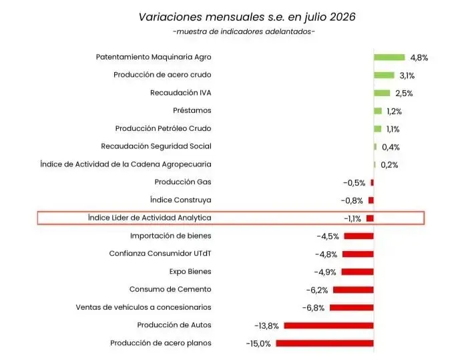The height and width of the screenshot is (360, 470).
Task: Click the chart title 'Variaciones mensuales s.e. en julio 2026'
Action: click(x=247, y=17)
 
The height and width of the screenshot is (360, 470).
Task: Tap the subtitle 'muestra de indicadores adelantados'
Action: click(x=244, y=31)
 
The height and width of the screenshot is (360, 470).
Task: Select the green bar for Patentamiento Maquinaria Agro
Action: click(x=389, y=57)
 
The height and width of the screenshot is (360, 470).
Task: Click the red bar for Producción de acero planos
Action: click(x=324, y=343)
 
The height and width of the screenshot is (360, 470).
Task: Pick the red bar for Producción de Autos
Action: click(x=329, y=325)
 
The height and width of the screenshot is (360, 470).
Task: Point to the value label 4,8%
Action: click(x=419, y=57)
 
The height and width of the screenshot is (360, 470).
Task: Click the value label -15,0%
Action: click(x=258, y=343)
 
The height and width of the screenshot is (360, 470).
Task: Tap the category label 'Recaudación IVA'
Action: click(x=181, y=93)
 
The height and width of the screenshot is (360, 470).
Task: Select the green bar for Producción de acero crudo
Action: click(x=384, y=75)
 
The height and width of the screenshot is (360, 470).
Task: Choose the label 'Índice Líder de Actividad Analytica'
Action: click(x=150, y=218)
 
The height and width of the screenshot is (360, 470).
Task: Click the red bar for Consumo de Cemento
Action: click(x=353, y=290)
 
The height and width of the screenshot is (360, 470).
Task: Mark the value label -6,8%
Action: click(x=313, y=308)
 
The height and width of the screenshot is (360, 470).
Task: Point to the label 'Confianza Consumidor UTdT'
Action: click(x=160, y=254)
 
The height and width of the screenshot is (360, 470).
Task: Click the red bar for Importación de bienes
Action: click(x=359, y=236)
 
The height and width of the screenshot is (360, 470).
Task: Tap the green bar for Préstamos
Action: click(x=378, y=111)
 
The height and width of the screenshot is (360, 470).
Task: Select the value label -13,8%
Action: click(x=266, y=326)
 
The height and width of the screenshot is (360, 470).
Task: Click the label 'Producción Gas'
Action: click(x=183, y=182)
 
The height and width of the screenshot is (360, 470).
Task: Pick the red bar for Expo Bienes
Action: click(x=358, y=272)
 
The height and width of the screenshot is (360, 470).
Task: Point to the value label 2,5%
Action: click(x=404, y=94)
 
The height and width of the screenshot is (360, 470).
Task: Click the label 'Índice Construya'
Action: click(x=181, y=200)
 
